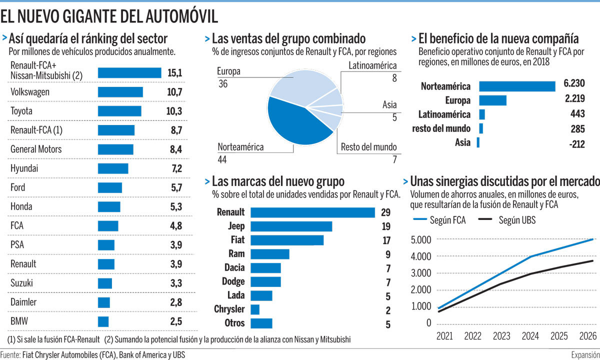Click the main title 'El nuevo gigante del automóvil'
109,16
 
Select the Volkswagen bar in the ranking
120,92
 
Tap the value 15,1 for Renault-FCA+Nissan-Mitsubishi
174,73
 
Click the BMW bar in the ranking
103,321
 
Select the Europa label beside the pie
228,71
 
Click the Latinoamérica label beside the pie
372,65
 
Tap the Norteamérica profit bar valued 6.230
517,86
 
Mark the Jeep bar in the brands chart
291,226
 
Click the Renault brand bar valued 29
312,212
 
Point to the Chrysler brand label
229,309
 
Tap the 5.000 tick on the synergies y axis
420,239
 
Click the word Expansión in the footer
585,354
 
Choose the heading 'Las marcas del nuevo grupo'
278,180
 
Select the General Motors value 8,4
176,149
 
